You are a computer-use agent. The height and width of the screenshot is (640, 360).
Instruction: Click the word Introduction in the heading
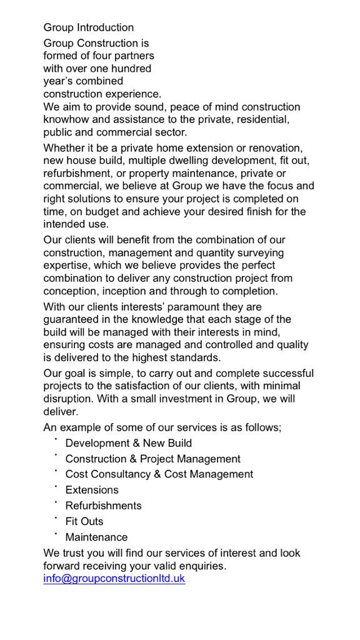click(x=105, y=27)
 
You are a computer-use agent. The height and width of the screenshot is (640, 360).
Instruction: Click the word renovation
click(x=276, y=148)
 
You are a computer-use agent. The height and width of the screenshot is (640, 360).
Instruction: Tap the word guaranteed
click(x=71, y=319)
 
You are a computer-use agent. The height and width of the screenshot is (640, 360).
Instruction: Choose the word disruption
click(x=68, y=399)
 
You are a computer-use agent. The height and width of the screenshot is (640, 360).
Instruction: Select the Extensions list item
click(x=92, y=490)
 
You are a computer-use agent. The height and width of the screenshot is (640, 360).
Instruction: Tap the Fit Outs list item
click(x=84, y=521)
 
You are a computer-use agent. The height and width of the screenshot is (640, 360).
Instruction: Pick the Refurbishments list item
click(x=103, y=506)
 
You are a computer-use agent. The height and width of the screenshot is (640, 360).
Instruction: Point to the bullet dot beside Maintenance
click(x=56, y=534)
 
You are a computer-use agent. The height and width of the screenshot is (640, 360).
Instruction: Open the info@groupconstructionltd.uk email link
click(x=114, y=579)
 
